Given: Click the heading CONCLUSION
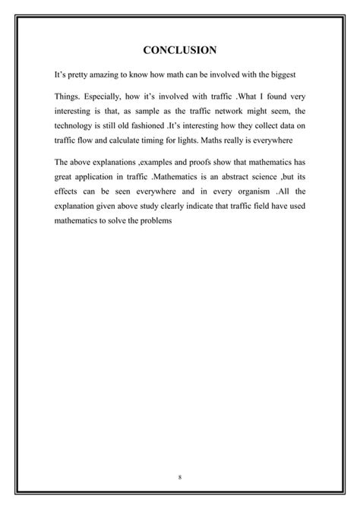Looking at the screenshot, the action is coord(180,50).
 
